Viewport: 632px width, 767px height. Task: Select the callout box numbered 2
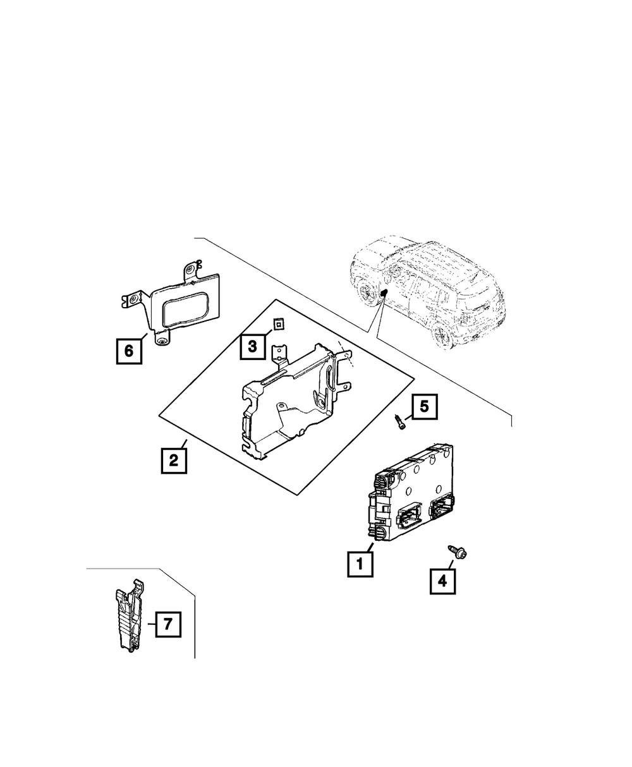point(173,460)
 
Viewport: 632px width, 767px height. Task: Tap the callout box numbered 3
point(252,346)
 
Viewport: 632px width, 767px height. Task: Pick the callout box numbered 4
point(442,580)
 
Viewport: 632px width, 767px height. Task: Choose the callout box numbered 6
point(129,350)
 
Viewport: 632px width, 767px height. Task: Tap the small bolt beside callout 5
point(400,421)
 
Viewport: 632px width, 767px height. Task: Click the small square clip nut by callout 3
point(277,325)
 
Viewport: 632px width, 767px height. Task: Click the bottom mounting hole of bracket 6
point(163,342)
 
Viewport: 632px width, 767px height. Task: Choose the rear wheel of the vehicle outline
point(366,291)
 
